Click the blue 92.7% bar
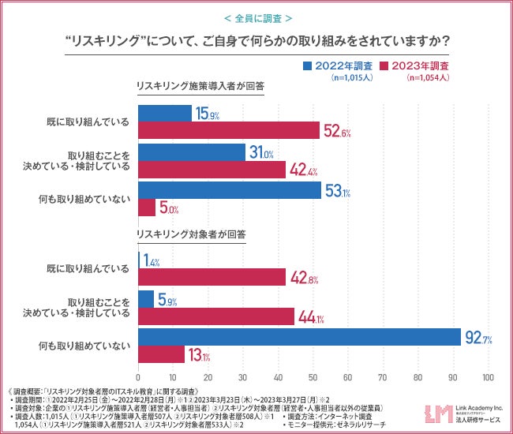300,338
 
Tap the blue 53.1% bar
230,190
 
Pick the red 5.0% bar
148,208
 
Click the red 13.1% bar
161,356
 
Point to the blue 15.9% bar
165,114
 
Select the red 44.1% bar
216,316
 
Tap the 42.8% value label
304,277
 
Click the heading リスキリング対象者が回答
191,234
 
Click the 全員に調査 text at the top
256,17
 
